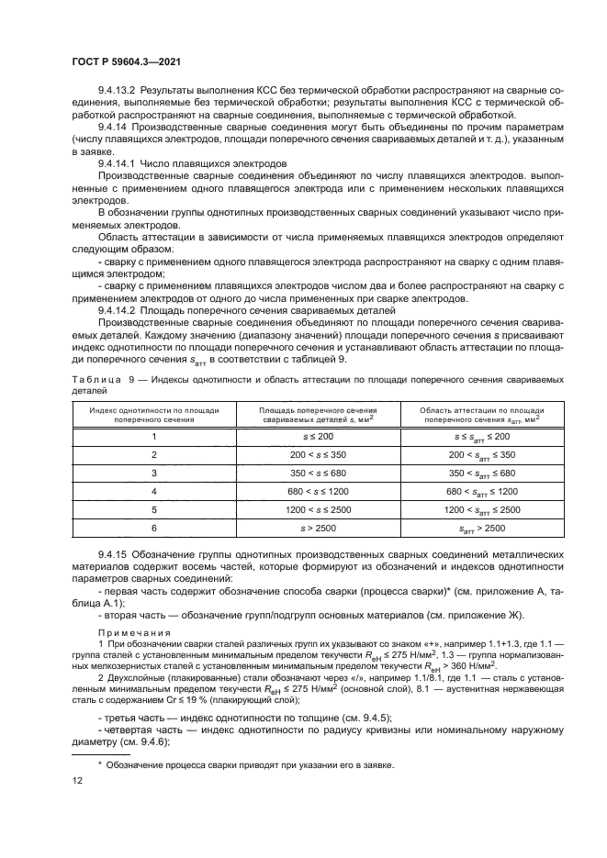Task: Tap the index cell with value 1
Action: coord(154,436)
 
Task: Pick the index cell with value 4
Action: coord(154,492)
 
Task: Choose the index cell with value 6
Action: coord(154,529)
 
